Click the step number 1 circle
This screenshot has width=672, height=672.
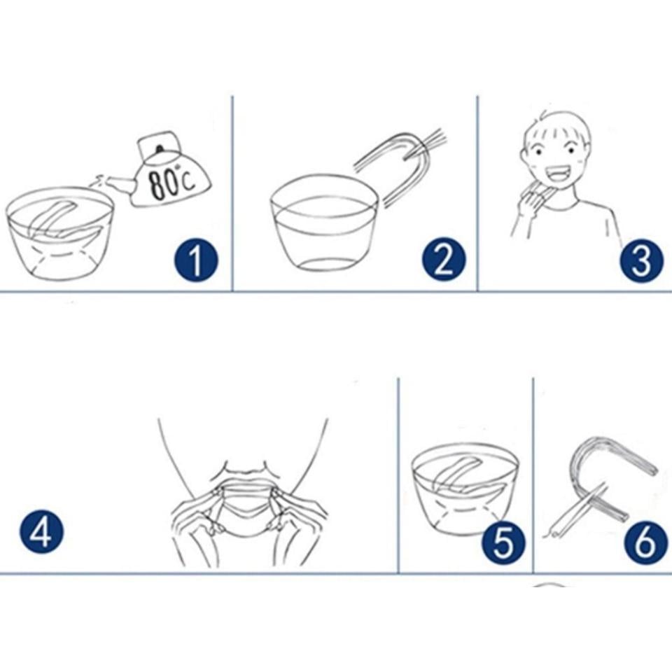(x=196, y=260)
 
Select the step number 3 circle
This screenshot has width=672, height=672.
(x=641, y=260)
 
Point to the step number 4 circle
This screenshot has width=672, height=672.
(x=41, y=531)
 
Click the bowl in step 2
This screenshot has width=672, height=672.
(x=324, y=222)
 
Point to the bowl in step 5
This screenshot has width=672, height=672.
(x=465, y=489)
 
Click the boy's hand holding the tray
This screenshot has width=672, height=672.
(x=530, y=202)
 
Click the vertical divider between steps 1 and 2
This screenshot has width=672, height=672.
(x=232, y=194)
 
